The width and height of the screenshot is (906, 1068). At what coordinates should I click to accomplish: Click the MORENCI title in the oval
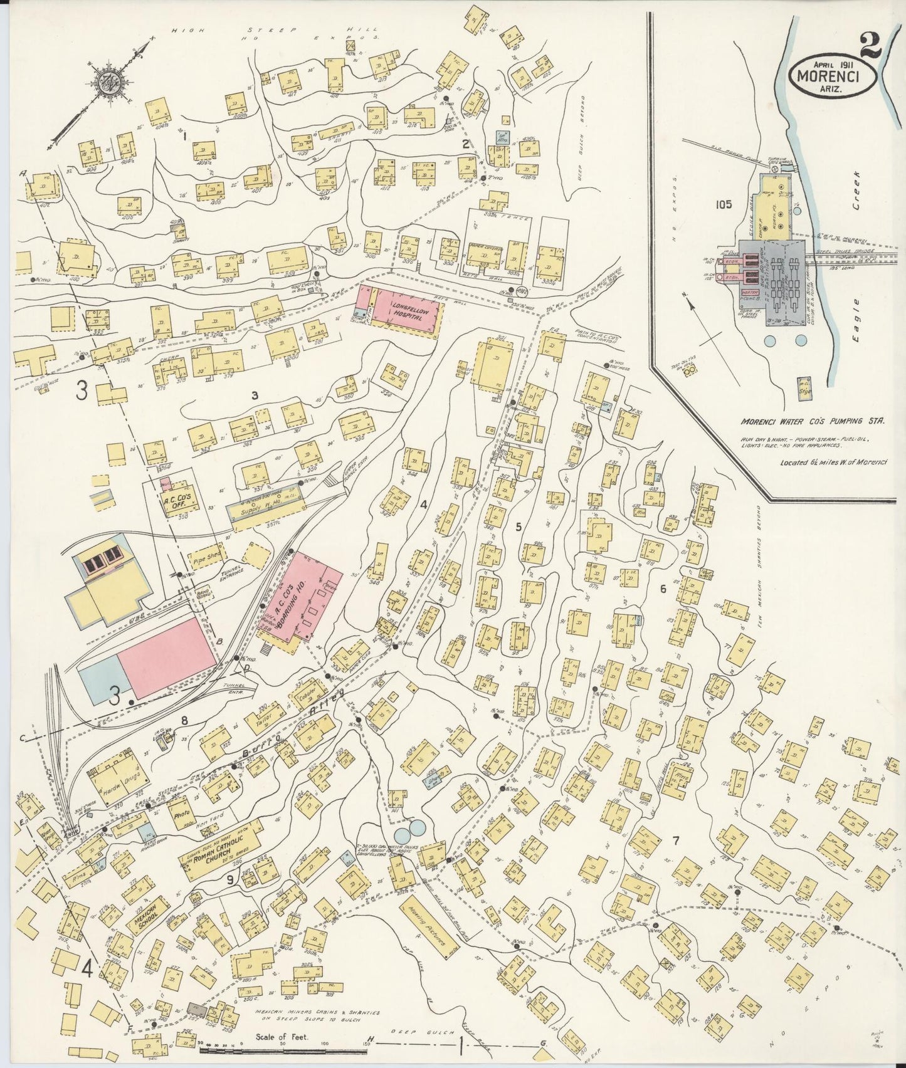[x=828, y=76]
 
